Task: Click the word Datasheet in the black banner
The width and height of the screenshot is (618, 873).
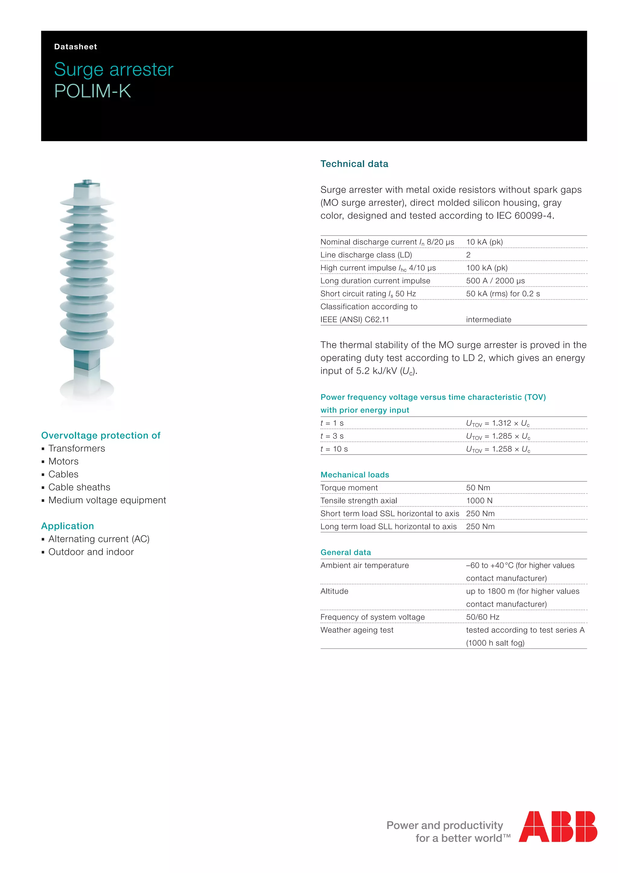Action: tap(75, 47)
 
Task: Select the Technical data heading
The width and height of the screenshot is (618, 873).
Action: tap(354, 164)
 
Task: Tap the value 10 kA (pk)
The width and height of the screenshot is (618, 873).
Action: tap(484, 242)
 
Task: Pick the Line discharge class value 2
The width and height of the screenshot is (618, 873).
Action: tap(468, 255)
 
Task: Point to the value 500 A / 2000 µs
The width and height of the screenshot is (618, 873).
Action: tap(495, 281)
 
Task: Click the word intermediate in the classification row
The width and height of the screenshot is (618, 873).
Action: tap(488, 320)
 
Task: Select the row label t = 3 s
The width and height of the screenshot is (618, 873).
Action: tap(332, 436)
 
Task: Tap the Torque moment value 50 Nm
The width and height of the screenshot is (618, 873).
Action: tap(478, 488)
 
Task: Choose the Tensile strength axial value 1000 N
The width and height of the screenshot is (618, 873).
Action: tap(479, 501)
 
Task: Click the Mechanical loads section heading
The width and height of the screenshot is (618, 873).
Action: tap(355, 475)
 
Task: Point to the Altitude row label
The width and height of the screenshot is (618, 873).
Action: tap(334, 591)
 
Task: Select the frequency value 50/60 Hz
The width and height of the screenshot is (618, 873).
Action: tap(482, 617)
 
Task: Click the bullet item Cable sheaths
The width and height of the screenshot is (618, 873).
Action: tap(79, 487)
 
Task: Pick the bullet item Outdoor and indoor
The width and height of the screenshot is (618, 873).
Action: tap(91, 552)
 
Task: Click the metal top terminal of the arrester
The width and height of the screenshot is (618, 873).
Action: tap(87, 182)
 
